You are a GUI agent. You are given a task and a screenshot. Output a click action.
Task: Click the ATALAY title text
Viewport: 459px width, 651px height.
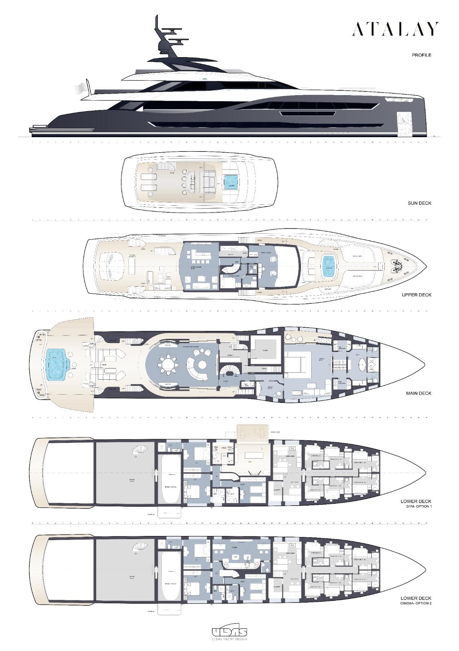coord(395,29)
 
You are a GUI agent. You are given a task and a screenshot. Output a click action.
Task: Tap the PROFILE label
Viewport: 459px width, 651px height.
coord(421,55)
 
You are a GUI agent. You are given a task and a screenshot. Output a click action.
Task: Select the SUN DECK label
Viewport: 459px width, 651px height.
coord(419,203)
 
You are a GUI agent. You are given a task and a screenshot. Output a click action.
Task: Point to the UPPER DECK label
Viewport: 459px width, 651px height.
coord(416,295)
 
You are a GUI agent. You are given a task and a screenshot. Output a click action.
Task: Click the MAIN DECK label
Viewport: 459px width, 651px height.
coord(419,393)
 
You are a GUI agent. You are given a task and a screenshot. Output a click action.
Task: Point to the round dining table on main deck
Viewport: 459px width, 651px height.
coord(168,364)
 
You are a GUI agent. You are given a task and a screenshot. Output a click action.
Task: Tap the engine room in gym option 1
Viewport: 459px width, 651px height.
coord(125,472)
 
